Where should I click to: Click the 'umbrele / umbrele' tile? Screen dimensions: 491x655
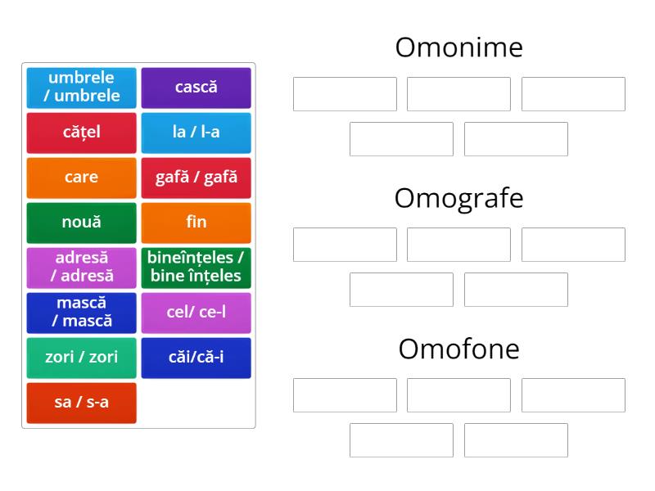pyautogui.click(x=81, y=88)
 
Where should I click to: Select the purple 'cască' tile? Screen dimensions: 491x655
pyautogui.click(x=196, y=88)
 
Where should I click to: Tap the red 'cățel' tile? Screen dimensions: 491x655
pyautogui.click(x=81, y=133)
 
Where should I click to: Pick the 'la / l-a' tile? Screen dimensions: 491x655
pyautogui.click(x=196, y=133)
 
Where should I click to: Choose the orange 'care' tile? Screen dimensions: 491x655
pyautogui.click(x=81, y=178)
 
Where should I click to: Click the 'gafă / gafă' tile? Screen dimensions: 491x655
pyautogui.click(x=196, y=178)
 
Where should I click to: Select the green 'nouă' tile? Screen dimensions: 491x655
pyautogui.click(x=81, y=223)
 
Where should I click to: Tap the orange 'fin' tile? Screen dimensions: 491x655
pyautogui.click(x=196, y=223)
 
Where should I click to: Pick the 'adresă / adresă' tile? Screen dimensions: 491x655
pyautogui.click(x=81, y=268)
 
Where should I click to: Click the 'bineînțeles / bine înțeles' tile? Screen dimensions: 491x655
pyautogui.click(x=196, y=268)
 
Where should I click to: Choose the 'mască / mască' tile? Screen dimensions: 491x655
pyautogui.click(x=81, y=313)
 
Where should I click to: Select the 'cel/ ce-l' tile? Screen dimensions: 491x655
pyautogui.click(x=196, y=313)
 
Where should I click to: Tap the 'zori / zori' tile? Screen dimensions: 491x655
pyautogui.click(x=81, y=358)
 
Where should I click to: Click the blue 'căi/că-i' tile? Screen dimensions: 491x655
pyautogui.click(x=196, y=358)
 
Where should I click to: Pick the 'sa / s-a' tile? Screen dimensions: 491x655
pyautogui.click(x=81, y=403)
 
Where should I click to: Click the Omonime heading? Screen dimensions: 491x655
pyautogui.click(x=458, y=47)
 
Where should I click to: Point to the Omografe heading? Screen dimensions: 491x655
pyautogui.click(x=458, y=198)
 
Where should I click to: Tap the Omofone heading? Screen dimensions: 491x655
pyautogui.click(x=458, y=349)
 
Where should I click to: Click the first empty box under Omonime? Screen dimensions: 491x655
pyautogui.click(x=345, y=94)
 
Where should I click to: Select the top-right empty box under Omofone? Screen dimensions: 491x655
pyautogui.click(x=573, y=395)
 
